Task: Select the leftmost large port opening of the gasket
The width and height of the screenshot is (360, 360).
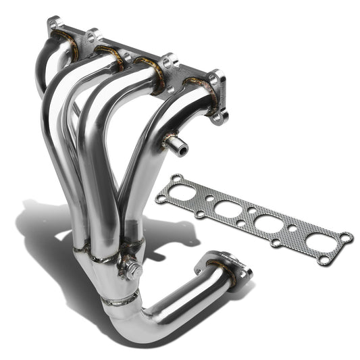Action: pyautogui.click(x=180, y=193)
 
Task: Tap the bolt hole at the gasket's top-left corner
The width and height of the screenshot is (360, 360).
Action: pyautogui.click(x=176, y=178)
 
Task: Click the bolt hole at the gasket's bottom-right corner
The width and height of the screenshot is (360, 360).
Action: pyautogui.click(x=324, y=259)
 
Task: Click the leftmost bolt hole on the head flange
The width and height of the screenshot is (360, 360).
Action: pyautogui.click(x=53, y=24)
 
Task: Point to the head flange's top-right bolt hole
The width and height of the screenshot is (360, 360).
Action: pyautogui.click(x=215, y=79)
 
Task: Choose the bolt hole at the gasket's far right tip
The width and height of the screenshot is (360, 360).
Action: pyautogui.click(x=346, y=236)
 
